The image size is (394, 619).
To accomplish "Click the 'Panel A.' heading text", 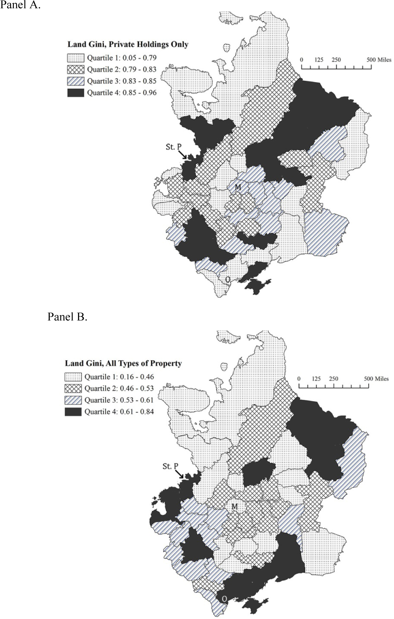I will pos(20,5).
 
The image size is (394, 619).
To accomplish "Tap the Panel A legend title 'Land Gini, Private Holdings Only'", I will pos(128,44).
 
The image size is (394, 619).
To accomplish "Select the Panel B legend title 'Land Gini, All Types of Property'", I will pos(123,363).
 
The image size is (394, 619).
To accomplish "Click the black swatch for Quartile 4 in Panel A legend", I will pos(75,93).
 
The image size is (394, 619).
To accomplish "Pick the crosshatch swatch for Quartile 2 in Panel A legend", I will pos(75,70).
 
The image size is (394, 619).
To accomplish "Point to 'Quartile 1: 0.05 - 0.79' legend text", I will pos(122,58).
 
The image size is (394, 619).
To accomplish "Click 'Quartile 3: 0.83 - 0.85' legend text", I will pos(122,81).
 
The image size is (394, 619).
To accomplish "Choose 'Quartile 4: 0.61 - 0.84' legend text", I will pos(119,412).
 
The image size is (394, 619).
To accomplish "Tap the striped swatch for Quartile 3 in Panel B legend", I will pos(73,400).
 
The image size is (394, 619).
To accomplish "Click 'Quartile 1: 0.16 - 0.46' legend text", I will pos(119,377).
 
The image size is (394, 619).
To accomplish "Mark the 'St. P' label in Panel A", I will pos(174,147).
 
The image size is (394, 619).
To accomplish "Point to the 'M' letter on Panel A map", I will pos(237,187).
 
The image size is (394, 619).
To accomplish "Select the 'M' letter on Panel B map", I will pos(235,506).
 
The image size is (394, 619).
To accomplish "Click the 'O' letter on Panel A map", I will pos(228,279).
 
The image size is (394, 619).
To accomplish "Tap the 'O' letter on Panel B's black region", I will pos(224,599).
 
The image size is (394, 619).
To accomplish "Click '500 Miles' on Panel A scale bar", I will pos(379,60).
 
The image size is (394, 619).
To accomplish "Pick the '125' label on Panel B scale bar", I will pos(316,379).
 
